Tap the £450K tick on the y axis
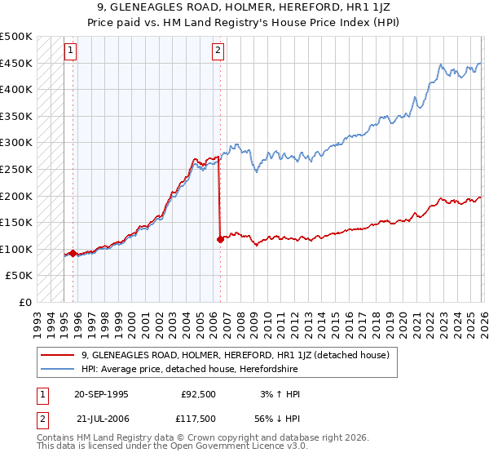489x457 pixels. click(x=16, y=63)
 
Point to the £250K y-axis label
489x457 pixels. click(x=16, y=169)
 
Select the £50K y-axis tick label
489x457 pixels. click(x=20, y=276)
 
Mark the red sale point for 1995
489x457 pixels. click(x=73, y=253)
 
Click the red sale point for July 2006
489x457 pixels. click(x=220, y=239)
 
